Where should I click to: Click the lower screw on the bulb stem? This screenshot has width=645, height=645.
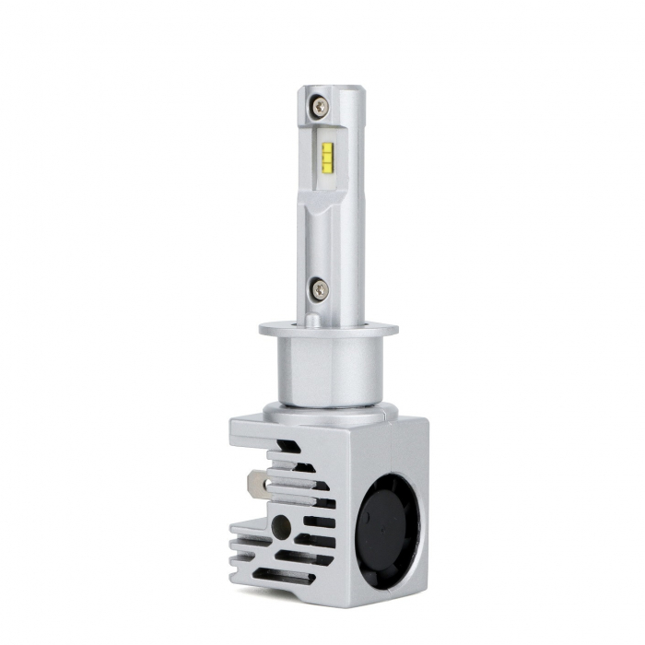[318, 289]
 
